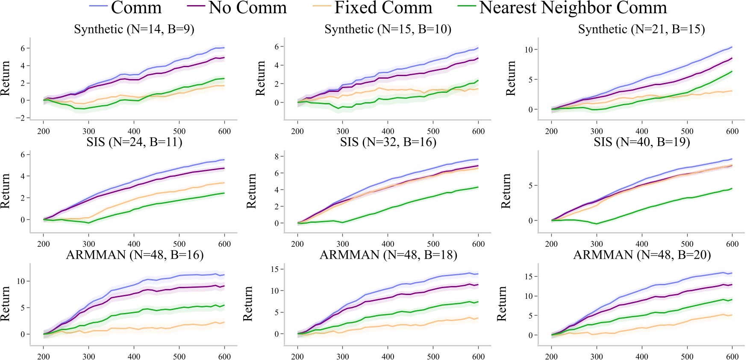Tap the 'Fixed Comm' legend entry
point(383,8)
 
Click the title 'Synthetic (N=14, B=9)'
point(134,29)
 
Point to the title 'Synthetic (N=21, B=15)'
point(641,29)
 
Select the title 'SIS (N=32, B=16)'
point(388,142)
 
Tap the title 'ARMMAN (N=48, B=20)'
point(642,255)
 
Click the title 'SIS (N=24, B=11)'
point(134,142)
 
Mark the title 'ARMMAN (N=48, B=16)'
point(135,255)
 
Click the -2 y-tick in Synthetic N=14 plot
point(22,118)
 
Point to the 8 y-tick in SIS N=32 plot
point(276,156)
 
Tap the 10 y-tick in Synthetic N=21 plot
point(529,50)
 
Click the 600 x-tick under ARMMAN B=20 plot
point(732,357)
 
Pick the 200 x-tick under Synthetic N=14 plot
point(44,131)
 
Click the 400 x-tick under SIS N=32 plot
point(388,244)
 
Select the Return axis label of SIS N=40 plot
point(506,191)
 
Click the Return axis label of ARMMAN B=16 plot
point(5,304)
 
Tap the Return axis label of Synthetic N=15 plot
point(260,78)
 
